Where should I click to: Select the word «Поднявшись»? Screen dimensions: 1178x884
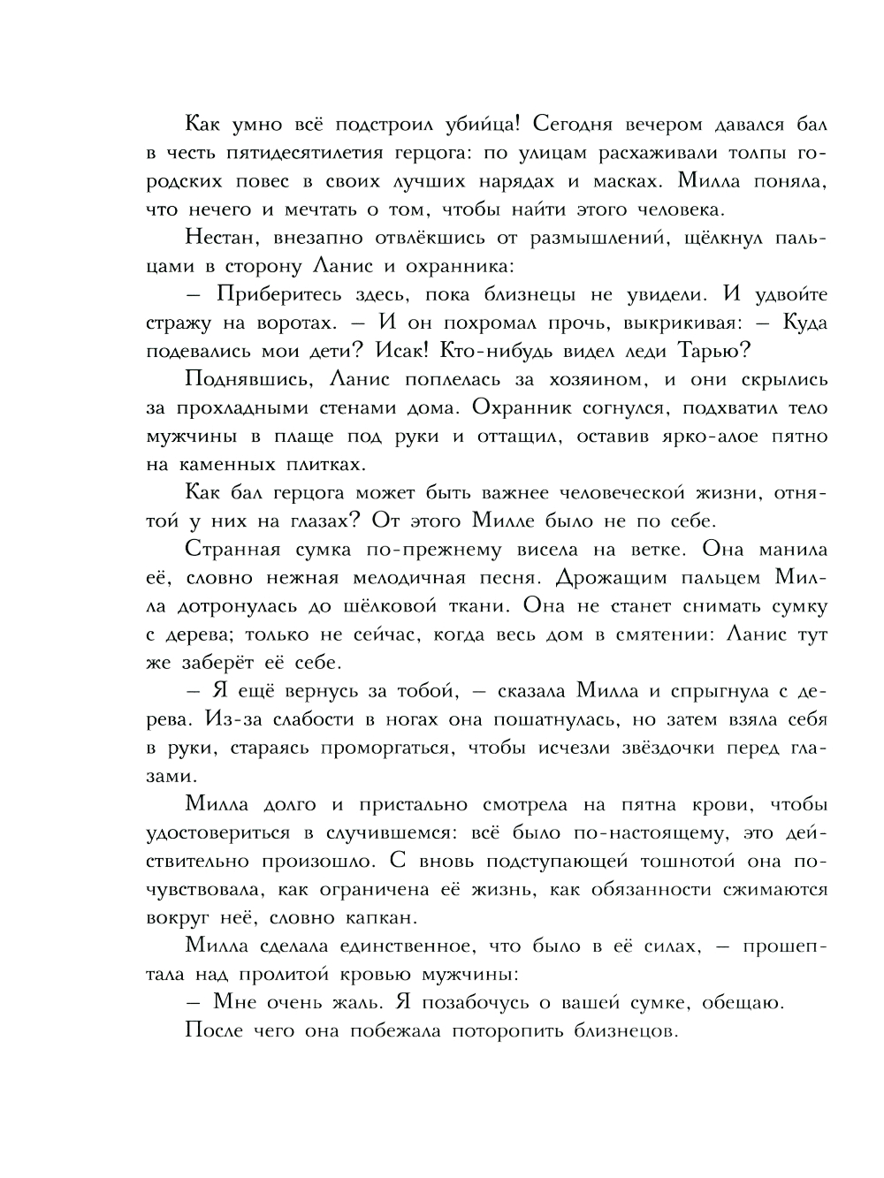tap(240, 380)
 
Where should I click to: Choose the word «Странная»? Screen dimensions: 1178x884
tap(233, 550)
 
